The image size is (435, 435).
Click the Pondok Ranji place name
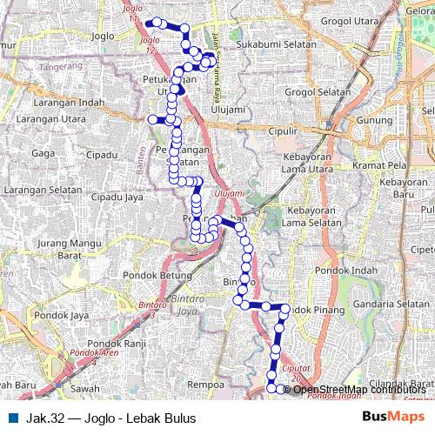click(122, 343)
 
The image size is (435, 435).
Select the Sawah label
click(84, 388)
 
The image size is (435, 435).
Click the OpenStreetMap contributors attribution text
click(359, 389)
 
